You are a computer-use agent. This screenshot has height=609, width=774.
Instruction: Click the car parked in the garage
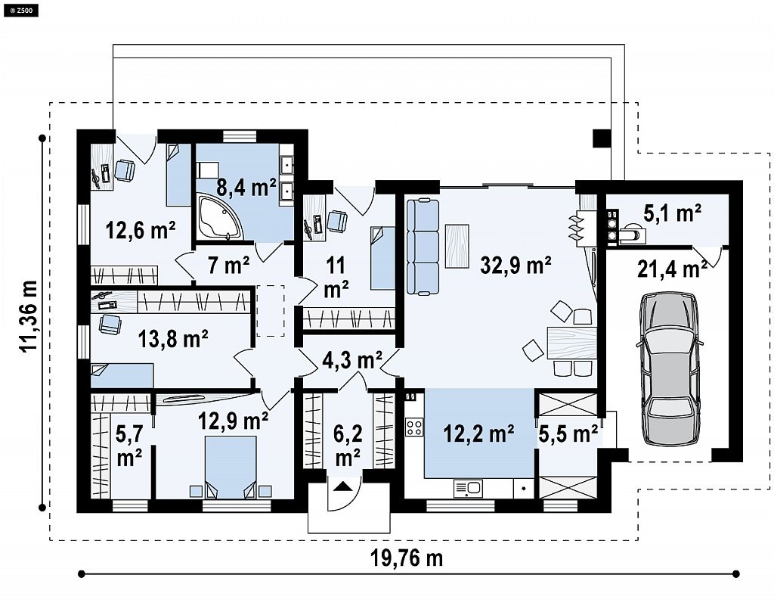tap(670, 368)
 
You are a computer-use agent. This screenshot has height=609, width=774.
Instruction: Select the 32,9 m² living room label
tap(515, 266)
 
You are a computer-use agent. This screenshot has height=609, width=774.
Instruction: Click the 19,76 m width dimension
tap(407, 558)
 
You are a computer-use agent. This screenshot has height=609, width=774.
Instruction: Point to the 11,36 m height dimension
tap(29, 316)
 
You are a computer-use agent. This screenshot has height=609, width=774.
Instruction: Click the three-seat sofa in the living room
tap(423, 247)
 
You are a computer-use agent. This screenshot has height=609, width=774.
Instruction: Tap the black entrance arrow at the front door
tap(345, 486)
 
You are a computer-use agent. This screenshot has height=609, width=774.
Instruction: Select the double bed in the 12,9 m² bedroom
tap(231, 466)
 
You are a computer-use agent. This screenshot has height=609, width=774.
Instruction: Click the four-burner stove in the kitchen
tap(413, 427)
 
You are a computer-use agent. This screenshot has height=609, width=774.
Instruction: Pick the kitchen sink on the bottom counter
tap(468, 489)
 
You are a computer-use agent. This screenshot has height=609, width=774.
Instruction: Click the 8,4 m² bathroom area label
tap(246, 187)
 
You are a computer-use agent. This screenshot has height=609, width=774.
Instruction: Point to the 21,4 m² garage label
tap(672, 269)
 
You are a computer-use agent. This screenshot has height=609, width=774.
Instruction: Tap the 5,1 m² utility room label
tap(672, 213)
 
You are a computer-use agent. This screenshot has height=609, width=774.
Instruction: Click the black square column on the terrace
tap(602, 138)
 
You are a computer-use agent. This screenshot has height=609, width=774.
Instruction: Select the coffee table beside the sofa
tap(457, 246)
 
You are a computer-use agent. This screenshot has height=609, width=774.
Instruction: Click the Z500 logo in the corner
tap(20, 9)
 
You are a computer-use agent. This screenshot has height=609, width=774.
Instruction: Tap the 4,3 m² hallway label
tap(352, 360)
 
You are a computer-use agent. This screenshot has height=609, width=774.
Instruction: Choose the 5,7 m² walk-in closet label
tap(129, 446)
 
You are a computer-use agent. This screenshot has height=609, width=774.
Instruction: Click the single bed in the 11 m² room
tap(382, 258)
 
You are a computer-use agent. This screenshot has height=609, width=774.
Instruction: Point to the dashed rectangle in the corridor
tap(270, 311)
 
